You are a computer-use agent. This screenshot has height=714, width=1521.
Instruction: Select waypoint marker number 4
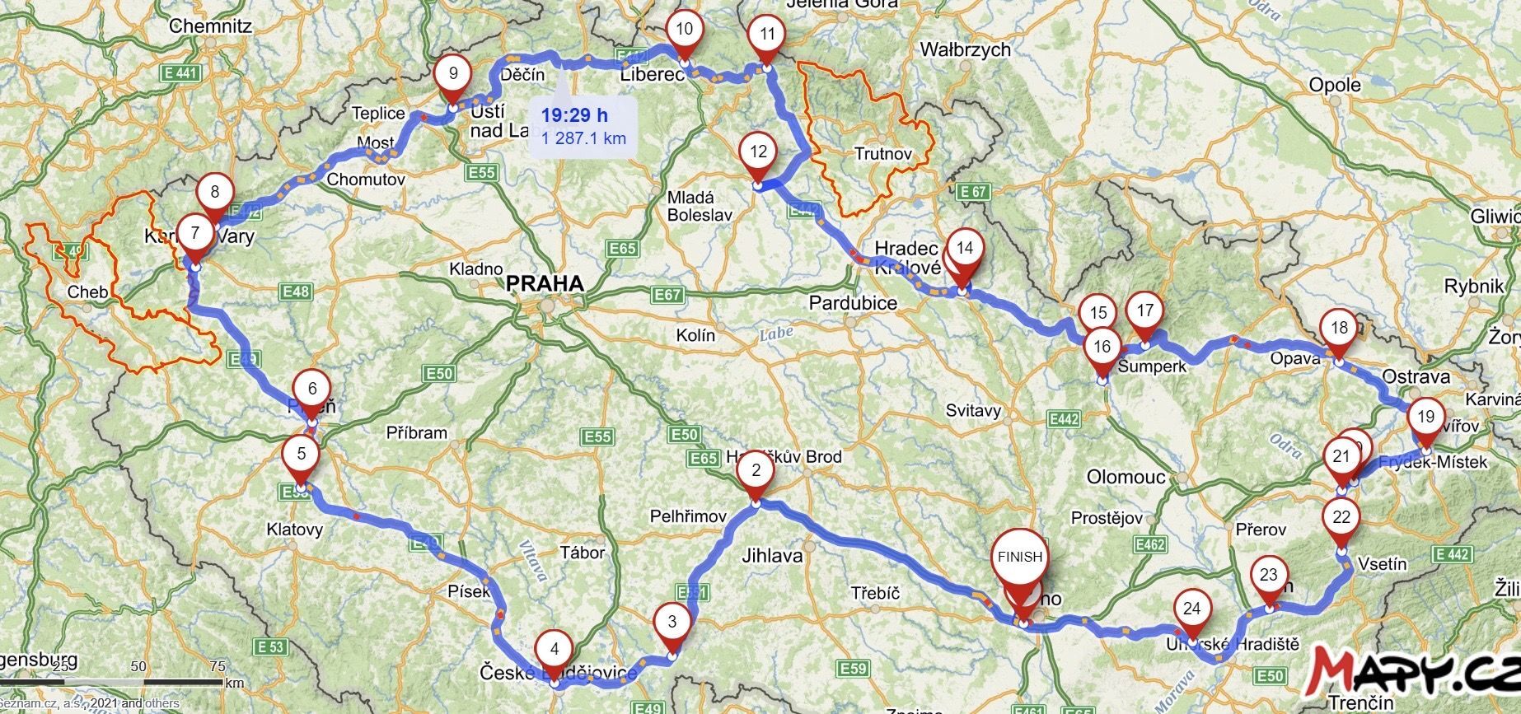(555, 651)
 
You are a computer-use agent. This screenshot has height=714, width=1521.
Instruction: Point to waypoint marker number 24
(1191, 610)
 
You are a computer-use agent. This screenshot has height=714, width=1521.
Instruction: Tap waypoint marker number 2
(756, 471)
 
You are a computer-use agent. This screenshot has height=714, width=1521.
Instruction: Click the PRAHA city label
(545, 284)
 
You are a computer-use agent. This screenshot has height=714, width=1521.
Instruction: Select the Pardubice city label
(853, 303)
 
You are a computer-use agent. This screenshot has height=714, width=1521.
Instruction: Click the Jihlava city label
(772, 556)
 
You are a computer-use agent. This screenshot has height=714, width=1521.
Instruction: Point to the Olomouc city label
(1126, 477)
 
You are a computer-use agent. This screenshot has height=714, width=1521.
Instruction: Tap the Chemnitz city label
(210, 26)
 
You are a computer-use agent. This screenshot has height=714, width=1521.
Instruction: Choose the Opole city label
(1335, 86)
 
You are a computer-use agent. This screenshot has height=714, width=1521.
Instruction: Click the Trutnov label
(883, 154)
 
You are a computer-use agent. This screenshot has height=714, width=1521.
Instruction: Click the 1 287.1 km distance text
(583, 138)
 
